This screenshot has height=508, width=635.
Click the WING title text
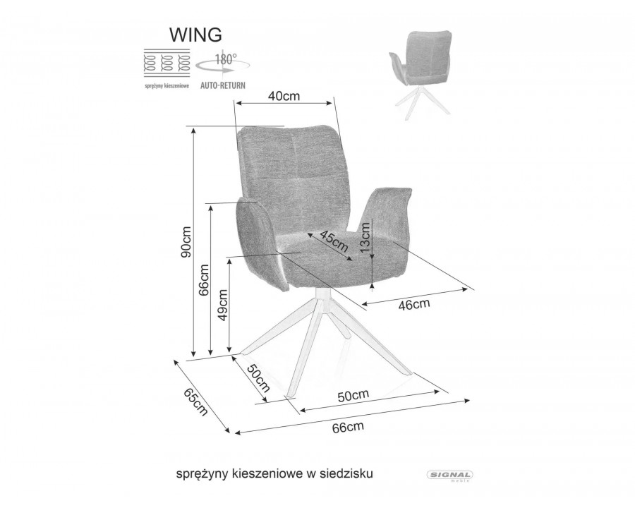tap(195, 35)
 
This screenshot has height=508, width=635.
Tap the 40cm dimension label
tap(284, 96)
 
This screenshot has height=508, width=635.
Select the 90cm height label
tap(186, 242)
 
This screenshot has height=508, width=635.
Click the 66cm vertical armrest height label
tap(204, 279)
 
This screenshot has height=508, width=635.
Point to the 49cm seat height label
tap(222, 305)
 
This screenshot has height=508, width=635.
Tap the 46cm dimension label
tap(414, 304)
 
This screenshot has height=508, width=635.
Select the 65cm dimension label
tap(196, 402)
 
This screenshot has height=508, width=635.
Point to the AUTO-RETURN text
tap(223, 85)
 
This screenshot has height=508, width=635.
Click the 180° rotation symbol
tap(223, 63)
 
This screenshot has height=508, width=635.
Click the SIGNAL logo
tap(450, 476)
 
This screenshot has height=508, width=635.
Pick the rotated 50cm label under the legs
tap(259, 378)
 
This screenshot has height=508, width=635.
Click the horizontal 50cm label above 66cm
tap(353, 395)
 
